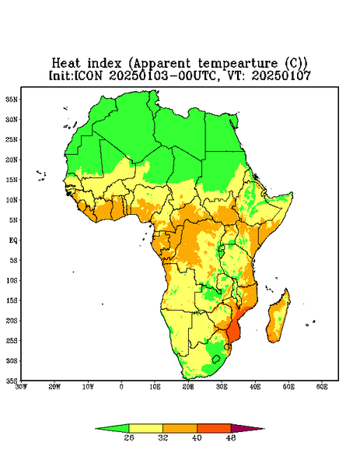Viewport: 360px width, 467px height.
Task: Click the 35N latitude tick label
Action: pyautogui.click(x=12, y=99)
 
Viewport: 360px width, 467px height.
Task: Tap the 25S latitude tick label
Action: pyautogui.click(x=12, y=340)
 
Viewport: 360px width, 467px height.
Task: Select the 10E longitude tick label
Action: pyautogui.click(x=155, y=387)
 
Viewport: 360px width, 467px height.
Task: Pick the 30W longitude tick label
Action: pyautogui.click(x=21, y=387)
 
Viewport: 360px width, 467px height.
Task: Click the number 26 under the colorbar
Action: pyautogui.click(x=129, y=437)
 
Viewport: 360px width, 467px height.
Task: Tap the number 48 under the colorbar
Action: pyautogui.click(x=231, y=437)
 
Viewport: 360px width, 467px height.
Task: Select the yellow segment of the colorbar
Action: pyautogui.click(x=145, y=428)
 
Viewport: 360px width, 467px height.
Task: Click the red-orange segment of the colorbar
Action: pyautogui.click(x=214, y=428)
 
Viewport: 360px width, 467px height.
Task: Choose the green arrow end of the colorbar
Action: pyautogui.click(x=112, y=429)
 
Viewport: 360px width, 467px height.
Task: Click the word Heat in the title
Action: pyautogui.click(x=66, y=63)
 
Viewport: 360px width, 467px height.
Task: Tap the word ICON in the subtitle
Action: pyautogui.click(x=88, y=75)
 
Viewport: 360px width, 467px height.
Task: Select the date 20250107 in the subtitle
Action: pyautogui.click(x=281, y=75)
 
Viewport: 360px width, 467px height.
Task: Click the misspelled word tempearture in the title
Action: pyautogui.click(x=238, y=64)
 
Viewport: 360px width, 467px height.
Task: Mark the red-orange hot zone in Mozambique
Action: pyautogui.click(x=234, y=330)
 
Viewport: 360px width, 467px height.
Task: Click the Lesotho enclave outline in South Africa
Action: pyautogui.click(x=216, y=359)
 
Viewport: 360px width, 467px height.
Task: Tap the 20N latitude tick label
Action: pyautogui.click(x=12, y=160)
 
